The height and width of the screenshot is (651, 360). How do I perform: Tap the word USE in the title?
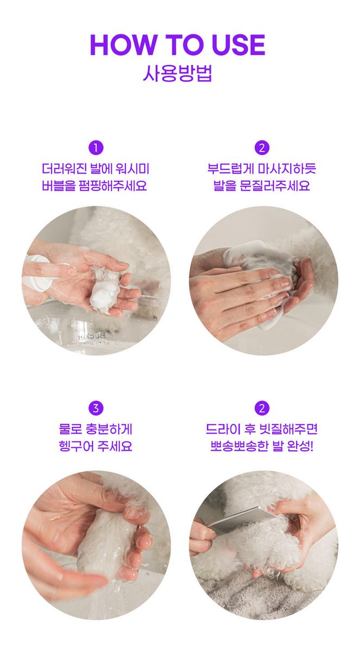[239, 44]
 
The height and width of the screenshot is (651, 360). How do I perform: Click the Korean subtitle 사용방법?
[177, 73]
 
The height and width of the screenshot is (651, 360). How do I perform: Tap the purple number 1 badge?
[96, 148]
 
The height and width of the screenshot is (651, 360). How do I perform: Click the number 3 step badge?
[96, 408]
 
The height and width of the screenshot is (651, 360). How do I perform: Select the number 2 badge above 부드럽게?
[262, 148]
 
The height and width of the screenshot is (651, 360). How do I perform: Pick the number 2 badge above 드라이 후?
[262, 408]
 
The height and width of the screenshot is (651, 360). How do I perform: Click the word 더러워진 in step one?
[64, 169]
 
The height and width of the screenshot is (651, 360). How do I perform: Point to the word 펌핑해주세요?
[113, 186]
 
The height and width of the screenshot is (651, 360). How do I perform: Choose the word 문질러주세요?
[275, 186]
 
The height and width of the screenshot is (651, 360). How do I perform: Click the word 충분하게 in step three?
[110, 429]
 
